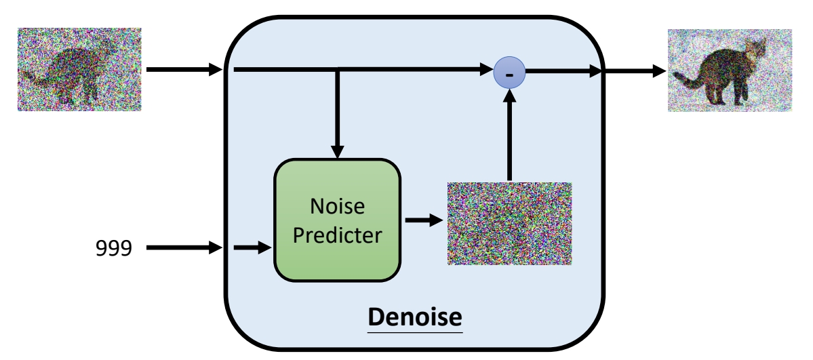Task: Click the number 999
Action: tap(113, 249)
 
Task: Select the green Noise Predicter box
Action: tap(337, 220)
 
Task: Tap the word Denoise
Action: tap(415, 316)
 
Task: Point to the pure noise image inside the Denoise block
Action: tap(509, 223)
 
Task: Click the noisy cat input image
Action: tap(79, 69)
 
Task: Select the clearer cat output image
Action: tap(730, 70)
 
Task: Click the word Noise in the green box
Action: tap(337, 205)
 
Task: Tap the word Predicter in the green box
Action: tap(337, 235)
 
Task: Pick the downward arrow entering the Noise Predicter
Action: tap(338, 115)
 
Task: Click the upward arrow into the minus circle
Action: tap(509, 136)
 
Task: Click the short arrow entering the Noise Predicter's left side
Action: tap(252, 248)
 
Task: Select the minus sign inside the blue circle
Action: tap(509, 72)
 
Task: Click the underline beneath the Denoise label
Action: tap(415, 332)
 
